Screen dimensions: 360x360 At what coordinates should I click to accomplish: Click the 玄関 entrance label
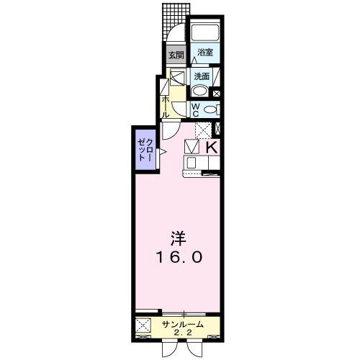pos(176,53)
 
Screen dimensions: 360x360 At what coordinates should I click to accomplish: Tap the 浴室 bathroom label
pos(205,53)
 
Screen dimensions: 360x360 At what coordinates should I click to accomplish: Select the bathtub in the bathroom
pos(205,32)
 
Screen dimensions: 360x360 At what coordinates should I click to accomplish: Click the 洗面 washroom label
pos(202,76)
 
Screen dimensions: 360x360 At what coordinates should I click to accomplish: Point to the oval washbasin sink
pos(199,91)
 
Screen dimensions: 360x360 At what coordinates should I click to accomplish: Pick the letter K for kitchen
pos(212,148)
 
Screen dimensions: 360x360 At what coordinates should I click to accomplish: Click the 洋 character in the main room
pos(178,237)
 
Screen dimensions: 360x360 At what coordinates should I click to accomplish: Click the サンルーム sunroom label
pos(182,324)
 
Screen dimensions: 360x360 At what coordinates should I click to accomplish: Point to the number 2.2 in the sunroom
pos(182,333)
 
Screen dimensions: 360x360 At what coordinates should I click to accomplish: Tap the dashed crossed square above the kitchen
pos(204,130)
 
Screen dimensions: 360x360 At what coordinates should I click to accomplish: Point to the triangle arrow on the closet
pos(163,151)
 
